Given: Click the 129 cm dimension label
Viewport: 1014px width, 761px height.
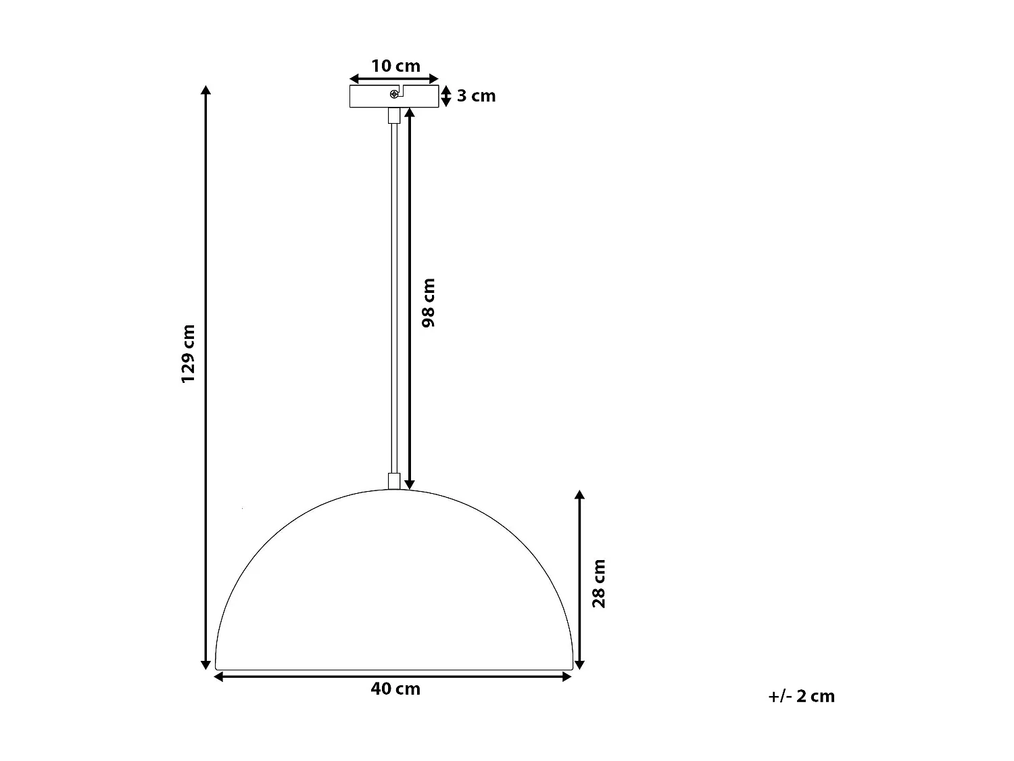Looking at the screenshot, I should (188, 354).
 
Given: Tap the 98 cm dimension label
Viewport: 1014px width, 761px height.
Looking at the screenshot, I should (429, 302).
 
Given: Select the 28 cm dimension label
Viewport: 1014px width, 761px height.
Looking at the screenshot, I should (599, 583).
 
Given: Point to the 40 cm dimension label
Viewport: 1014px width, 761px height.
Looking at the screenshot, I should (395, 689).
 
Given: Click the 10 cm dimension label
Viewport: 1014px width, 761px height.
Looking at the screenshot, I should (395, 66).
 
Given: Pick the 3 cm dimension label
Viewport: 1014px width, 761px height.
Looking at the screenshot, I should (476, 96).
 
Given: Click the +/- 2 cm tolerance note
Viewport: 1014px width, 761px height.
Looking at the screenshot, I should (801, 696).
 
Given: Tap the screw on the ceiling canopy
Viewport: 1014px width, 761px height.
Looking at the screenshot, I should (393, 95).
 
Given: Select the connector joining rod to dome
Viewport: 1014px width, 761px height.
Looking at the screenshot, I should (394, 480).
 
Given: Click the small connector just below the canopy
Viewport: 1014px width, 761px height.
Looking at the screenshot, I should (393, 115).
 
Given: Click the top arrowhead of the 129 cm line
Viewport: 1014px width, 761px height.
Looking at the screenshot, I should (206, 90).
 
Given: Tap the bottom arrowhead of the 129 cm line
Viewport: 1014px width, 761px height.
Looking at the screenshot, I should (206, 665).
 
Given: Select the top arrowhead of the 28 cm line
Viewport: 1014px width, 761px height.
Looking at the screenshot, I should (579, 495).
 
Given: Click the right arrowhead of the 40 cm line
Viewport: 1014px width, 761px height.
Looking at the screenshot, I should (568, 676).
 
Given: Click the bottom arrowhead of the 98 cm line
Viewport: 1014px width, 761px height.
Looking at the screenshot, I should (409, 484).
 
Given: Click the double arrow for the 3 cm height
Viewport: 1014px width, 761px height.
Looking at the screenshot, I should (445, 96).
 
